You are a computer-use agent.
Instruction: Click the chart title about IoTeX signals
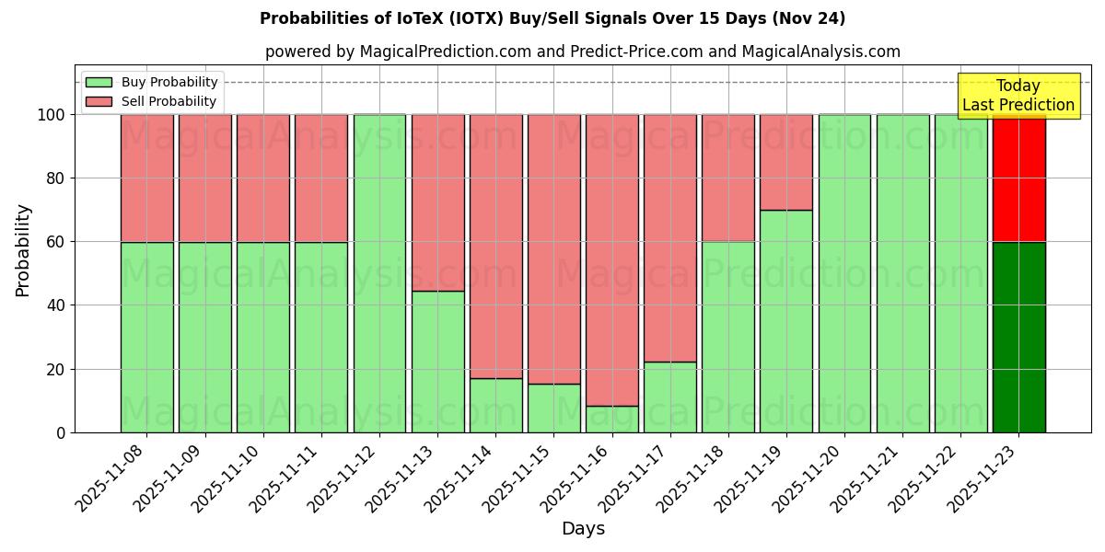(552, 18)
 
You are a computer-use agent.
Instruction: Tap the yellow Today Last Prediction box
(1018, 96)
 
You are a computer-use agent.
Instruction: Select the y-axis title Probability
(23, 250)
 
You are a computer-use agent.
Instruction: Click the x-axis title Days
(583, 529)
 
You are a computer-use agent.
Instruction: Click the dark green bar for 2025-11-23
(1018, 337)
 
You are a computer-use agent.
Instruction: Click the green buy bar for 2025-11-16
(612, 420)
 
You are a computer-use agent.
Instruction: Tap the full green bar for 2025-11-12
(379, 273)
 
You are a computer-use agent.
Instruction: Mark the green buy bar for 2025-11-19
(786, 321)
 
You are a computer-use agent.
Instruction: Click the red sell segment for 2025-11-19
(786, 162)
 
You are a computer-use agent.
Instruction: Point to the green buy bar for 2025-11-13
(437, 362)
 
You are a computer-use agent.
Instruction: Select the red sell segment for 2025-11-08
(146, 178)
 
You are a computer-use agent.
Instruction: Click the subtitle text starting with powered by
(582, 52)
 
